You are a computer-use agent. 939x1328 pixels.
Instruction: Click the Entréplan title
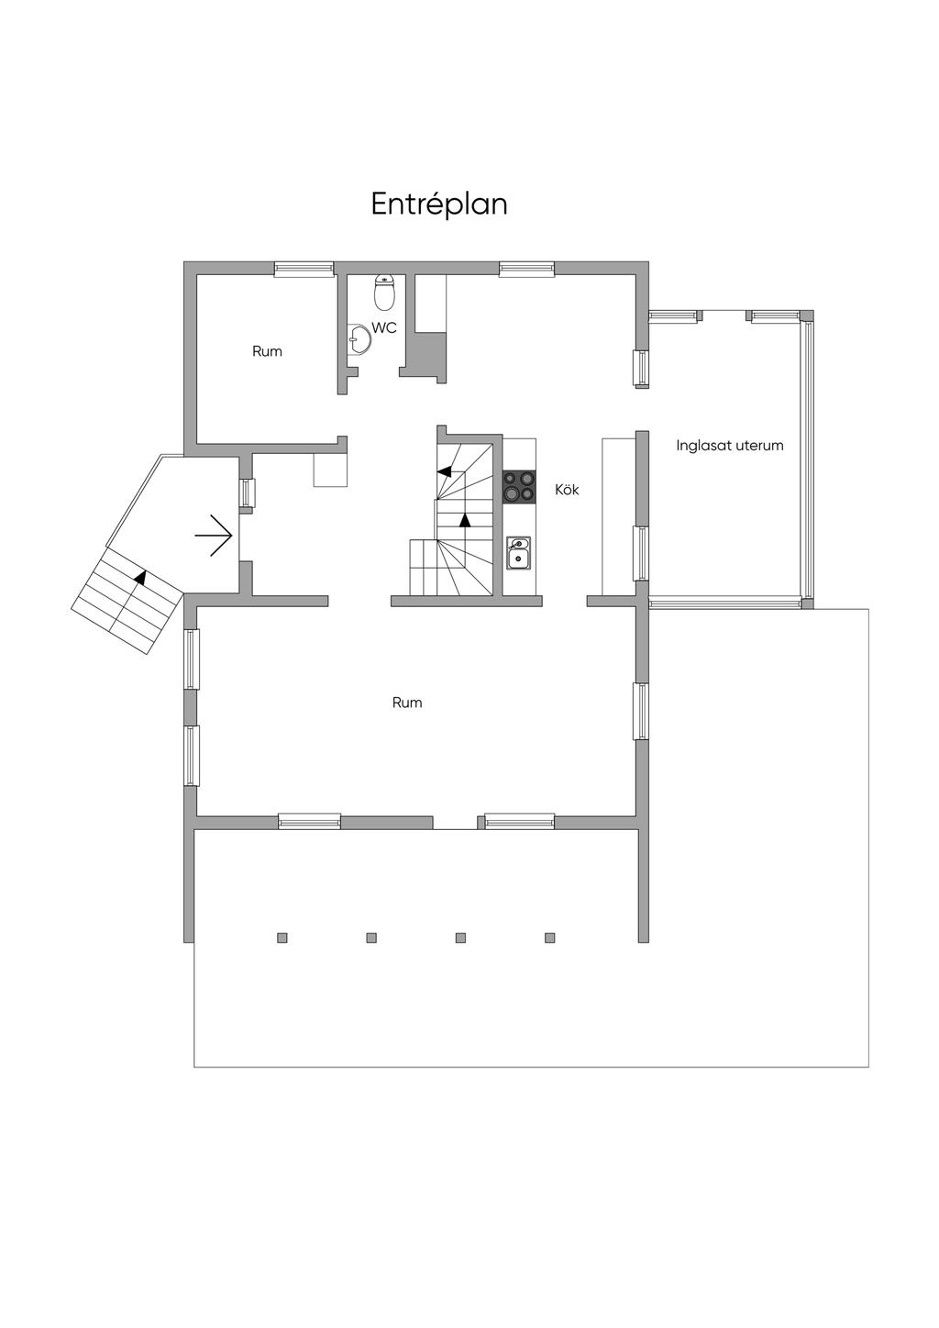[x=438, y=205]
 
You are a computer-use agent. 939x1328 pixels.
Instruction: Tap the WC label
[x=384, y=327]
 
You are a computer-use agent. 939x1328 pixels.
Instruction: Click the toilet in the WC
[x=385, y=293]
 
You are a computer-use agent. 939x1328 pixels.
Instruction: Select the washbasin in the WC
[x=359, y=339]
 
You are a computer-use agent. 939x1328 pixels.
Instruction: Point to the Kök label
[x=567, y=490]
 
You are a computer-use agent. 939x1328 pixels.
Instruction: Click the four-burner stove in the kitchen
[x=519, y=487]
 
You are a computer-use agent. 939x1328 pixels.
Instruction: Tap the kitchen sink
[x=519, y=552]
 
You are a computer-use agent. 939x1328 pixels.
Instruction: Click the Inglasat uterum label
[x=730, y=445]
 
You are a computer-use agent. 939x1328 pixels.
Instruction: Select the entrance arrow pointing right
[x=214, y=536]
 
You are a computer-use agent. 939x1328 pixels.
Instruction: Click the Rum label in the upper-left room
[x=267, y=351]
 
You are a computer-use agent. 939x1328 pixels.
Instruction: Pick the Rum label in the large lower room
[x=407, y=703]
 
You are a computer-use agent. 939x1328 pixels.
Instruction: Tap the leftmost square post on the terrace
[x=282, y=937]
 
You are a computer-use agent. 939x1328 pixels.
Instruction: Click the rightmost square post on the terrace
[x=549, y=937]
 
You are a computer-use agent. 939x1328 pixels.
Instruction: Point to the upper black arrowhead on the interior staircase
[x=444, y=471]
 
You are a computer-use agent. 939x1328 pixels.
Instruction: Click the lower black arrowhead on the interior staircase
[x=465, y=520]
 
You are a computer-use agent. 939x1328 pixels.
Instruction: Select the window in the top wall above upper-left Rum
[x=304, y=269]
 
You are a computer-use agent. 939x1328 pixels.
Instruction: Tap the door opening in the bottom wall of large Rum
[x=455, y=822]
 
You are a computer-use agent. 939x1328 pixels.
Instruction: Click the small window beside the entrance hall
[x=247, y=492]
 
